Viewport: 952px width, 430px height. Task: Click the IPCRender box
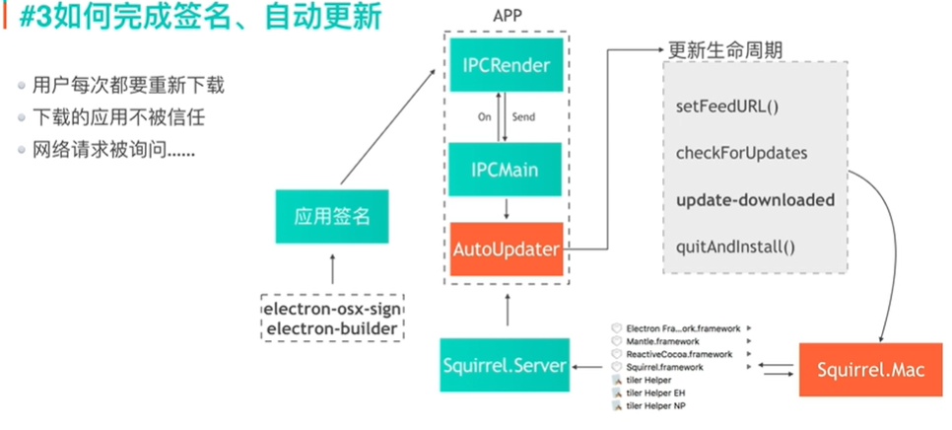(x=506, y=66)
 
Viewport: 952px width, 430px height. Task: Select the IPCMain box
(x=506, y=171)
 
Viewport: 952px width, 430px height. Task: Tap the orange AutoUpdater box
(x=506, y=251)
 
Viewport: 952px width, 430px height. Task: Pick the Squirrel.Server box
(x=506, y=366)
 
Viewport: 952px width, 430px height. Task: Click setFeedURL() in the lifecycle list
(x=727, y=105)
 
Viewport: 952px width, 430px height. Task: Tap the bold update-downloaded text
(x=755, y=200)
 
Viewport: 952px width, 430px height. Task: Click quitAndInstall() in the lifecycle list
(x=735, y=247)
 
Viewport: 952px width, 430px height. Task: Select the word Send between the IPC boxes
(x=524, y=116)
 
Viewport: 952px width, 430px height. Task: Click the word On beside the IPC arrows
(x=484, y=116)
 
